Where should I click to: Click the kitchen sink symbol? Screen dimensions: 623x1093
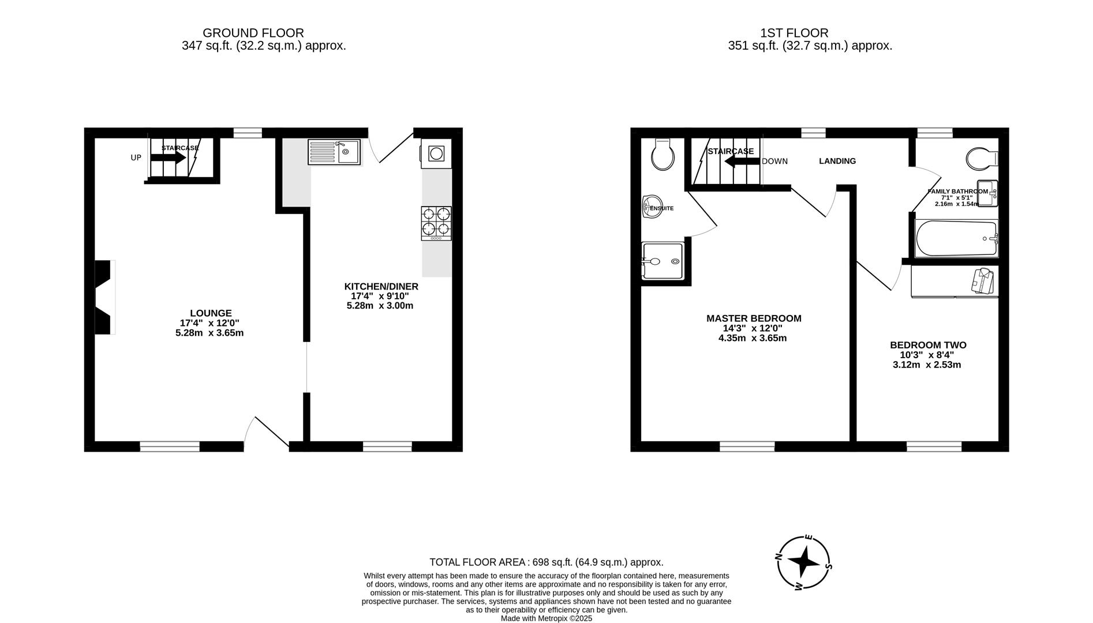(334, 152)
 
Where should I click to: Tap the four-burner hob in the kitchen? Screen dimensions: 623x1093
(436, 223)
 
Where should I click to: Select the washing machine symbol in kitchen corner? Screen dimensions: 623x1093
(436, 153)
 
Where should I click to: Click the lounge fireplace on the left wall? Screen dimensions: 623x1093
(104, 297)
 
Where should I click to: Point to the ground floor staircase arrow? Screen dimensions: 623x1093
(168, 157)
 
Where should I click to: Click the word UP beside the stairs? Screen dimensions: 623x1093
(136, 157)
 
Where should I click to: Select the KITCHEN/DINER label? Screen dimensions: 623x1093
(381, 287)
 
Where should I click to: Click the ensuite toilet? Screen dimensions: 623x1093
(662, 155)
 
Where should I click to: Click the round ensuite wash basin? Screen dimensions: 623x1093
(651, 207)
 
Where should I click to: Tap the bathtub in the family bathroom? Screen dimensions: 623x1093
(956, 238)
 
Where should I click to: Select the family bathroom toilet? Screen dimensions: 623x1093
(981, 158)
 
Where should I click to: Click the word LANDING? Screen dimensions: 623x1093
(837, 161)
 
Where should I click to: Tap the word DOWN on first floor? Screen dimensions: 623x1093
(774, 161)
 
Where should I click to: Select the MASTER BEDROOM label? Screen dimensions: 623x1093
(753, 318)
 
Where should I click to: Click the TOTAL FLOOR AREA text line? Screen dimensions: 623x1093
(546, 562)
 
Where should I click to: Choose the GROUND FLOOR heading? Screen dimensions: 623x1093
(253, 33)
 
